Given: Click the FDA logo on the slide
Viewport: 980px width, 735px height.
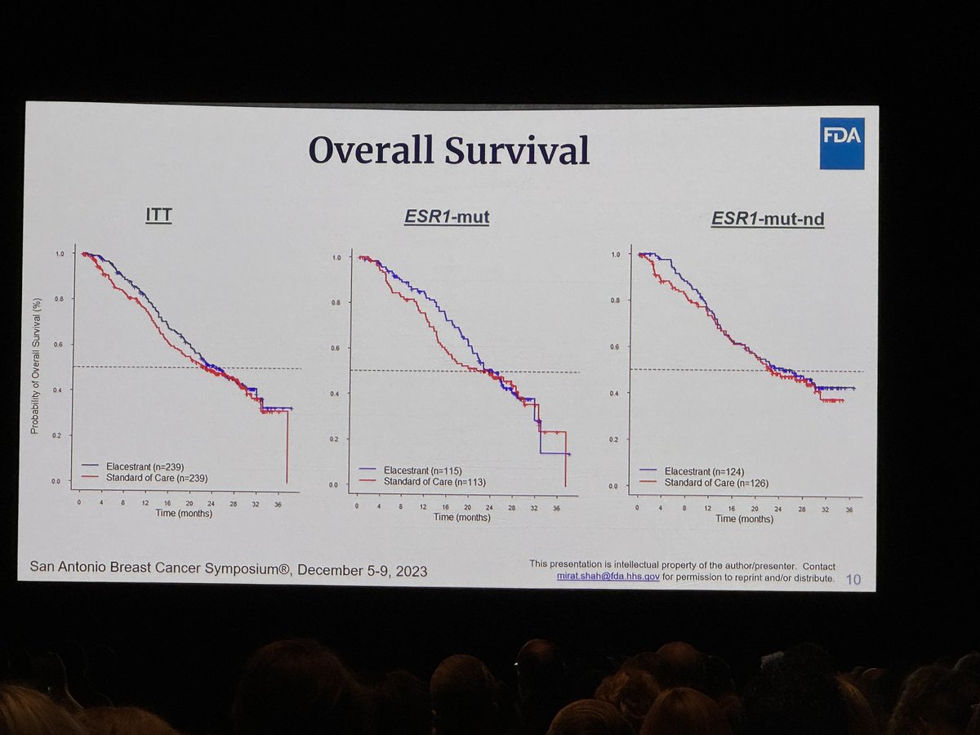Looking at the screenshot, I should (x=841, y=143).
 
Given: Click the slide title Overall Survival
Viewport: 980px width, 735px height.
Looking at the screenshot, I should (x=448, y=152).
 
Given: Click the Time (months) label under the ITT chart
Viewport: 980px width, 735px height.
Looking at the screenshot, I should (x=185, y=513).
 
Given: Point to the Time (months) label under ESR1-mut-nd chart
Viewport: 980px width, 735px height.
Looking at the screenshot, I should (x=744, y=518).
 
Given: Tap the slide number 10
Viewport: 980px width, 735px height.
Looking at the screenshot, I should (x=853, y=580).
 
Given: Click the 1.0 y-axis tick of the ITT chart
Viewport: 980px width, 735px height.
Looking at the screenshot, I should (x=56, y=254).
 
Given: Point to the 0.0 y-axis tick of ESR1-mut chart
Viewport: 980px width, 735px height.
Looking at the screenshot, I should (x=335, y=484).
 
